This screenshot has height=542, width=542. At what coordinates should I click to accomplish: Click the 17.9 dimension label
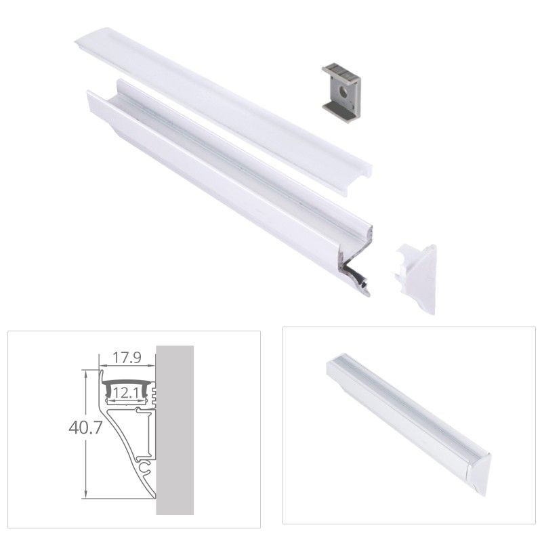point(127,358)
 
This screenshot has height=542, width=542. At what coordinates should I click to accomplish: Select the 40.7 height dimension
point(85,428)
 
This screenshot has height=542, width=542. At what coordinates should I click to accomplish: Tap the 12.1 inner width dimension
point(126,393)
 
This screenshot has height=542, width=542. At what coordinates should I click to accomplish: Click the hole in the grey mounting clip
point(343,91)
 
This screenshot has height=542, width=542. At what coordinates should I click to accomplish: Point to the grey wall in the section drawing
point(175,430)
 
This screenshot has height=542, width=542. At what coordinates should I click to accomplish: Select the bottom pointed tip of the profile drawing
point(154,498)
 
